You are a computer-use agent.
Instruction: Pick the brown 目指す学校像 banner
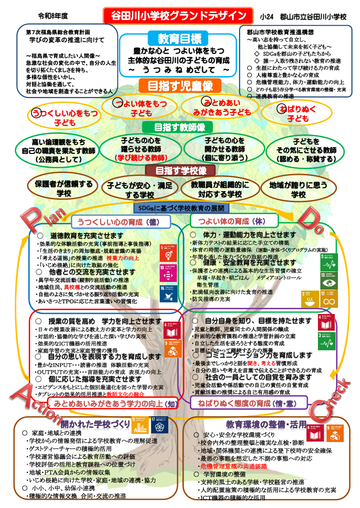(180, 171)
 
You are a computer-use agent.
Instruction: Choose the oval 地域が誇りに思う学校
(298, 189)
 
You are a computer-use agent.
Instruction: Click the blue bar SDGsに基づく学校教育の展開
(180, 208)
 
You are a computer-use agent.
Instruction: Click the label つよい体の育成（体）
(231, 221)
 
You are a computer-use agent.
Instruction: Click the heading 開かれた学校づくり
(95, 424)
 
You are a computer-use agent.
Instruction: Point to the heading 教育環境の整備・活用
(265, 424)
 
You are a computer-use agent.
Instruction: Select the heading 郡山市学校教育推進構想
(277, 32)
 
